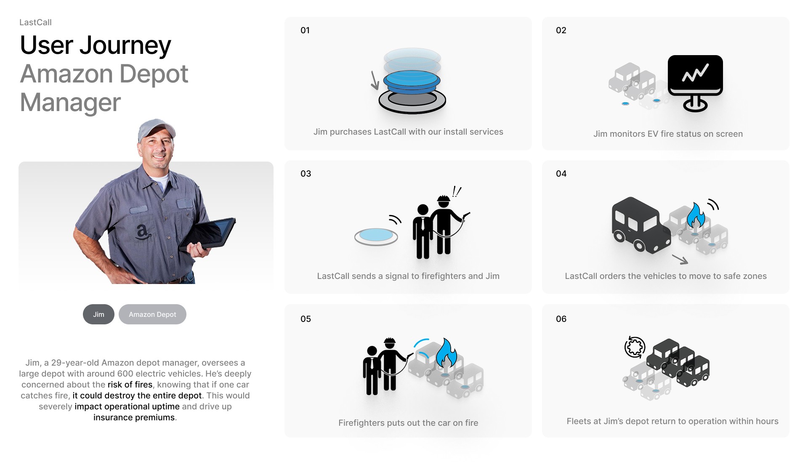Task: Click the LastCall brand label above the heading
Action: coord(35,22)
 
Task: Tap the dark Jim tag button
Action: coord(98,314)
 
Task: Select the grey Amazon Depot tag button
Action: coord(152,314)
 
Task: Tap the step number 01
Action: coord(305,30)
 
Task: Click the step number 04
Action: coord(561,174)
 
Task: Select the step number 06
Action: coord(561,319)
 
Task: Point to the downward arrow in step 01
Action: coord(375,80)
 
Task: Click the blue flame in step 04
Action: coord(696,216)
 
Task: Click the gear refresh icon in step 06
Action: coord(635,347)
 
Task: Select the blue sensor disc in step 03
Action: coord(376,236)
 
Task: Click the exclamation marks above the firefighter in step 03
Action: coord(457,192)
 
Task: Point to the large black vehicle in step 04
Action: coord(641,226)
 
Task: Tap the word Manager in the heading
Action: coord(70,102)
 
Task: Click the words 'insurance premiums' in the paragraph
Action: coord(134,417)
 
